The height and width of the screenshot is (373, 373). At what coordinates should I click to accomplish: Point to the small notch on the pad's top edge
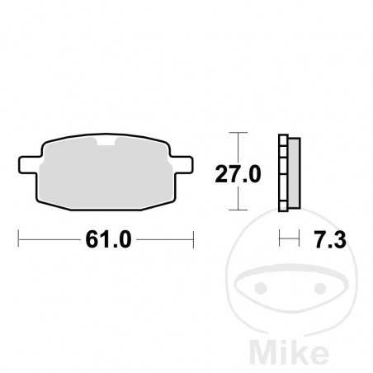pos(105,143)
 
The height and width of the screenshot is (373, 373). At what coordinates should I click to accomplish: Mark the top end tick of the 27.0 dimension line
pos(238,134)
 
